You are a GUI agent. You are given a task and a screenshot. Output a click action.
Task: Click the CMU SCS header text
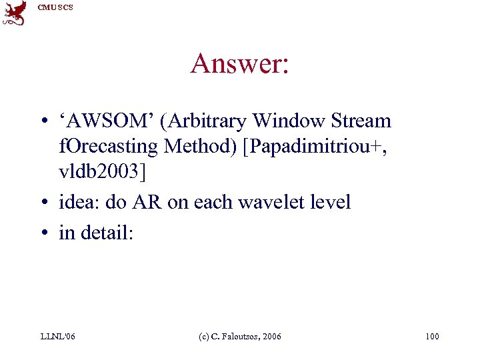55,7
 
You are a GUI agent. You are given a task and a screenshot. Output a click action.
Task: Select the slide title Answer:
239,64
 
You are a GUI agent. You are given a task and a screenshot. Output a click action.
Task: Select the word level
331,202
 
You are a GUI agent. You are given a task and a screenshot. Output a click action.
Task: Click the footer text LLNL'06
58,337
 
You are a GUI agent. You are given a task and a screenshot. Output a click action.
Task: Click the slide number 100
432,337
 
